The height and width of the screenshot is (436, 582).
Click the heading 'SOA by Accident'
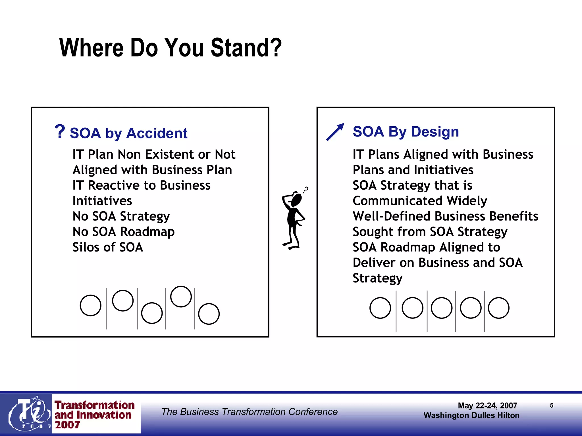click(128, 133)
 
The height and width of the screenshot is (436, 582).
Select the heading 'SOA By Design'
click(406, 132)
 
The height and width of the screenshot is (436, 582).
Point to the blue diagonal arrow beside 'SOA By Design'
click(335, 132)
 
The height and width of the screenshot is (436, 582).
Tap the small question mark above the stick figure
click(306, 189)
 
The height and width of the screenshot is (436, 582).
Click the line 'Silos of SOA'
click(108, 247)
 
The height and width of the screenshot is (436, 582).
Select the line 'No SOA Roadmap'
click(124, 232)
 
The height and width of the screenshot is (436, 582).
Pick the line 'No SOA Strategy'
click(121, 216)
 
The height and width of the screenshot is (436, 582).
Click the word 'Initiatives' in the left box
click(102, 201)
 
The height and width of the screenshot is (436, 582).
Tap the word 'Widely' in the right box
click(467, 201)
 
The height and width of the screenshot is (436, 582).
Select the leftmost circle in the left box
click(91, 305)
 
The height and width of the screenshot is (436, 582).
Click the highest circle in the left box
click(181, 297)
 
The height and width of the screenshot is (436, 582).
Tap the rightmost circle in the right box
click(499, 308)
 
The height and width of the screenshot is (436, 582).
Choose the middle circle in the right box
click(442, 308)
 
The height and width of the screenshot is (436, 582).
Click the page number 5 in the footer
click(552, 405)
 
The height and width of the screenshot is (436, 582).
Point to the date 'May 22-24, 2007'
click(488, 406)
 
